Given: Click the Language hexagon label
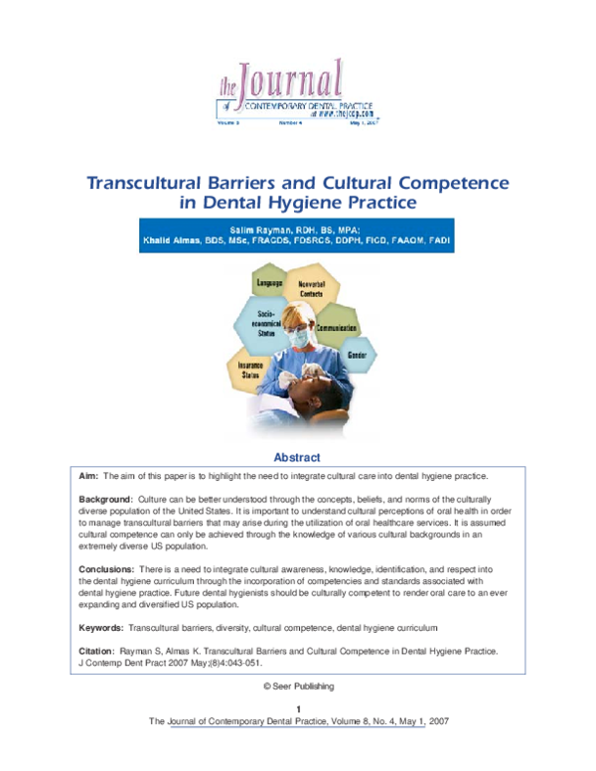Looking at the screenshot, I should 271,284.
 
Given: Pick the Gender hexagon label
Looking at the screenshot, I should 358,355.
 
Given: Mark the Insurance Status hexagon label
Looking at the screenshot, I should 248,370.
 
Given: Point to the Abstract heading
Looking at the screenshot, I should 297,458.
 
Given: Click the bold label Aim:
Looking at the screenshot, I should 89,477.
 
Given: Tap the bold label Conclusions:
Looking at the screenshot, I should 106,568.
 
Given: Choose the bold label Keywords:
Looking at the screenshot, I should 101,629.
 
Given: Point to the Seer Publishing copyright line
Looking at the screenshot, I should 298,687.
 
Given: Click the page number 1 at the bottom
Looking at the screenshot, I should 298,708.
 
